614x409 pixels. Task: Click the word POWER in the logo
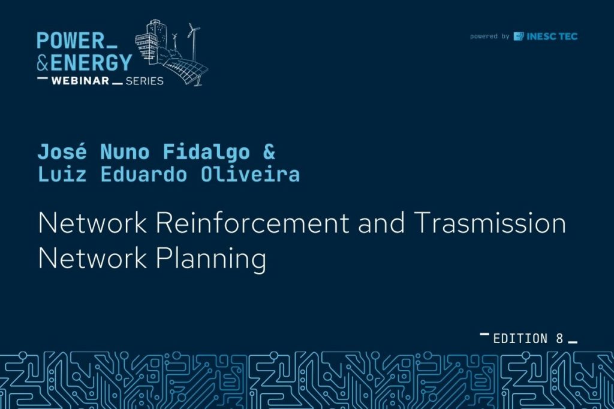point(71,41)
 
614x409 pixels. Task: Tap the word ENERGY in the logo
point(91,62)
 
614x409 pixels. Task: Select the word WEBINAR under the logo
point(80,81)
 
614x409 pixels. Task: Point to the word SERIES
point(145,81)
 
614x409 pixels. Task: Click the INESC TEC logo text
point(552,37)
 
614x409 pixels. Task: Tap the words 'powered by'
point(489,37)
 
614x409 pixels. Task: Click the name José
point(62,152)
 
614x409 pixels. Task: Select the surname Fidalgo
point(206,152)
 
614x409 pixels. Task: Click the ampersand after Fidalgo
point(269,152)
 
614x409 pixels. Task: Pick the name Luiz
point(62,174)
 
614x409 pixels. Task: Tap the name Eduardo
point(144,174)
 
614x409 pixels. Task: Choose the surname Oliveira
point(250,174)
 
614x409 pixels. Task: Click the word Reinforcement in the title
point(252,223)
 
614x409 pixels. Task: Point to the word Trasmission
point(489,223)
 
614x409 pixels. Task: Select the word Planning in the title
point(211,259)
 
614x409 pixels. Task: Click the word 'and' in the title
point(381,223)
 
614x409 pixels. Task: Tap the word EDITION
point(520,338)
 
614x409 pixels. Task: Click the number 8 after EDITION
point(559,338)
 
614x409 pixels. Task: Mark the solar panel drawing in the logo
point(186,71)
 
